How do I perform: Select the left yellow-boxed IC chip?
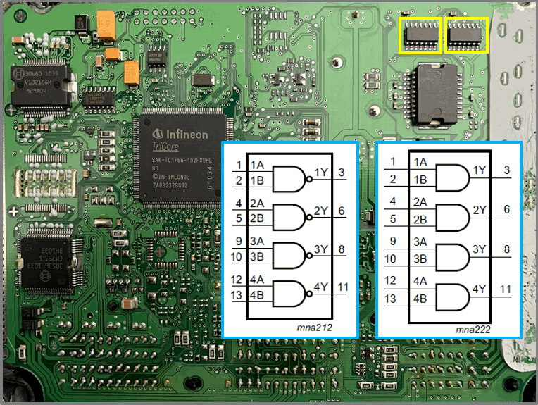420,35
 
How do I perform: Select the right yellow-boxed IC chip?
466,35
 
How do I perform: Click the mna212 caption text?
314,328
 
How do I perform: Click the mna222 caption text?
473,328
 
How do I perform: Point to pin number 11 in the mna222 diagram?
506,289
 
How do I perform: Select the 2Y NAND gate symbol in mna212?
289,217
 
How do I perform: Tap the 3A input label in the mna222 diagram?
420,242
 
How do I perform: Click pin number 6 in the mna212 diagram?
341,211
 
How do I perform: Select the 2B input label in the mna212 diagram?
257,218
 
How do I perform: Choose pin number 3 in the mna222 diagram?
506,171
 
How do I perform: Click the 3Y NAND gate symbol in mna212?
289,254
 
